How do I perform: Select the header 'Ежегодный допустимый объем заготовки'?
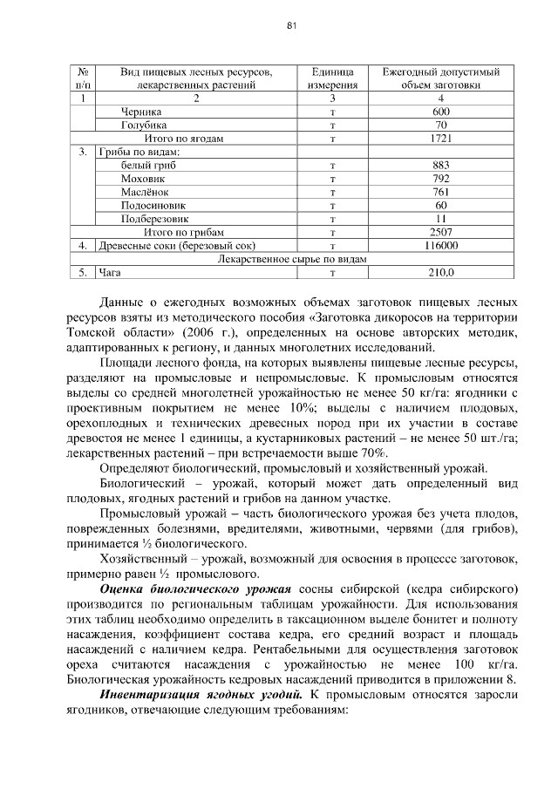pos(440,78)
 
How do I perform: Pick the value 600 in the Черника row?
pos(440,112)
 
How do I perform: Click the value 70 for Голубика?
pos(440,126)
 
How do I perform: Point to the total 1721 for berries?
pos(440,139)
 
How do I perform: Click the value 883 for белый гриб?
pos(440,166)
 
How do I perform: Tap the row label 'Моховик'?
pos(141,179)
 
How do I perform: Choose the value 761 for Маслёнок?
pos(440,192)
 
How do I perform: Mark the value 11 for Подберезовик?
pos(440,219)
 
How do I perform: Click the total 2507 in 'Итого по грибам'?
pos(440,233)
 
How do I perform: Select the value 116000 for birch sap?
pos(440,246)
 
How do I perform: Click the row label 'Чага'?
pos(109,273)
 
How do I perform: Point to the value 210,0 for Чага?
pos(440,273)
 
